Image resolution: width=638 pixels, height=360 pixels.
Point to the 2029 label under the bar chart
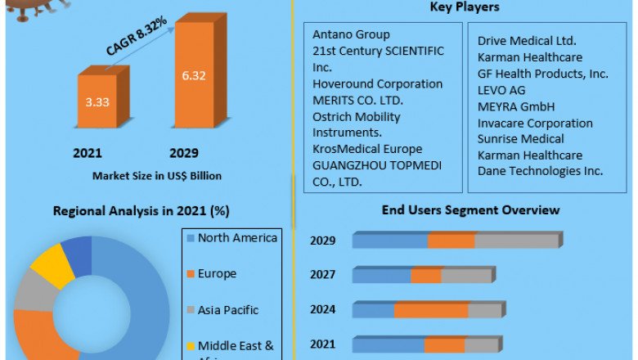click(184, 153)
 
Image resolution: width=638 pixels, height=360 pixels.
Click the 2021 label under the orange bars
click(87, 153)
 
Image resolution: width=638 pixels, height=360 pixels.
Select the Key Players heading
click(464, 7)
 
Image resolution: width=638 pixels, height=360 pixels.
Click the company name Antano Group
click(351, 34)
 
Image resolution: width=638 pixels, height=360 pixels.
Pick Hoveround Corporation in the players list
click(377, 83)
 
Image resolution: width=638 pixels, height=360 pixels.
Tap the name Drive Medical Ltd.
click(527, 40)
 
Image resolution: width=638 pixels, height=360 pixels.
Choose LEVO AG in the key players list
click(502, 90)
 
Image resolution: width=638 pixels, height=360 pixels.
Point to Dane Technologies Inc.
click(540, 171)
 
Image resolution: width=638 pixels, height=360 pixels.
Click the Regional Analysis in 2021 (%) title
click(141, 210)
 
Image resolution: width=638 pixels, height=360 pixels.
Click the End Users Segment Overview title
click(470, 210)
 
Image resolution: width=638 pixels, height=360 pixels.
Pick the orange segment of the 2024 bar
click(431, 311)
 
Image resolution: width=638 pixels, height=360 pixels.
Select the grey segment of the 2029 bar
click(516, 241)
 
